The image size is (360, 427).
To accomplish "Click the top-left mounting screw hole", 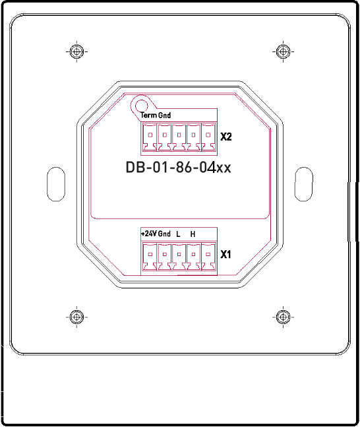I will click(77, 51).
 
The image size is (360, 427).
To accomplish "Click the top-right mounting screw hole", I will click(283, 51).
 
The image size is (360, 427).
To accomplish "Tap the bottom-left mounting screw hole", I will click(77, 317).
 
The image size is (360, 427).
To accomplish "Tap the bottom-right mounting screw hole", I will click(283, 317).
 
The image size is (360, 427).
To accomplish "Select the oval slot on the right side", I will click(303, 183).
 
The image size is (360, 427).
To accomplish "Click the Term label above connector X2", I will click(148, 115).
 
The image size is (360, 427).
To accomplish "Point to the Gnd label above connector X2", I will click(164, 115).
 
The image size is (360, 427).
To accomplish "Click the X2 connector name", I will click(227, 137).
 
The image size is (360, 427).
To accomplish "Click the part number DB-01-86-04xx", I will click(178, 168).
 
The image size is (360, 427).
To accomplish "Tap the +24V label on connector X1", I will click(148, 234).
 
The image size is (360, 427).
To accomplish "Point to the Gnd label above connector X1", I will click(164, 234).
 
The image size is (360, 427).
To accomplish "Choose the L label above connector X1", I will click(178, 234).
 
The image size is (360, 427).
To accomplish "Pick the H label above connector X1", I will click(193, 234).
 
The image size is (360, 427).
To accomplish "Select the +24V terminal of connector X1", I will click(150, 255).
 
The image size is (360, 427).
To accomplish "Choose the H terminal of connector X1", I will click(193, 255).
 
